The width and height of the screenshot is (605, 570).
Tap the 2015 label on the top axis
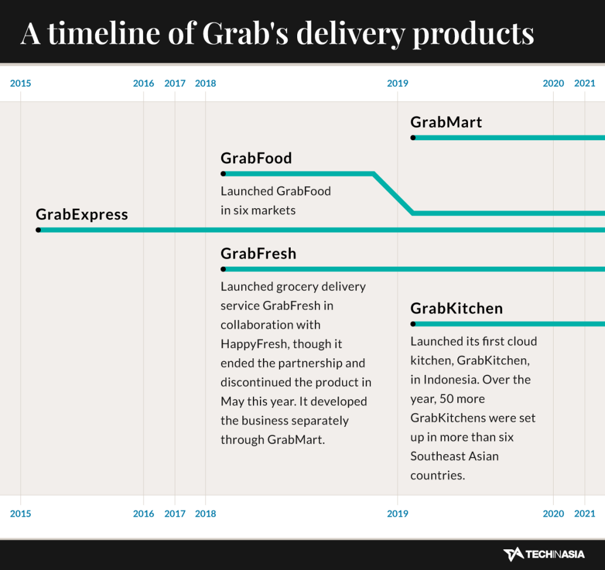[21, 83]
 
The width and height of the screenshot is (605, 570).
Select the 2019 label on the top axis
[398, 83]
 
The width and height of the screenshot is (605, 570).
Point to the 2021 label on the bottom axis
[585, 514]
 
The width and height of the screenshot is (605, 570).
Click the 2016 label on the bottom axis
[144, 514]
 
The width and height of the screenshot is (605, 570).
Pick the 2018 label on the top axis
[206, 83]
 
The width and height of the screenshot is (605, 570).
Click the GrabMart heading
[446, 122]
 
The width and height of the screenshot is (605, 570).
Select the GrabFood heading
[256, 158]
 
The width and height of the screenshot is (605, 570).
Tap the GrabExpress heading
[82, 214]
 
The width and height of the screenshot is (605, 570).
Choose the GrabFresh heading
[258, 254]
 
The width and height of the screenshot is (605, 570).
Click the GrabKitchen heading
[457, 309]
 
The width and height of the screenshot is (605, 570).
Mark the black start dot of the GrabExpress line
[38, 230]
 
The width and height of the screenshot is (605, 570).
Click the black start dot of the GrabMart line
[413, 138]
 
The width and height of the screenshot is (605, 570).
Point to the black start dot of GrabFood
[223, 174]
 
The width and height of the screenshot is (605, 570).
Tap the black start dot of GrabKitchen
[413, 324]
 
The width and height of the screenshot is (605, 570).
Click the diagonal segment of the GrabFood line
[393, 193]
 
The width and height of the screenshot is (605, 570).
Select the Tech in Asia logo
[544, 554]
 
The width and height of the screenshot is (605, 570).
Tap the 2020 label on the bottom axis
[554, 514]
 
